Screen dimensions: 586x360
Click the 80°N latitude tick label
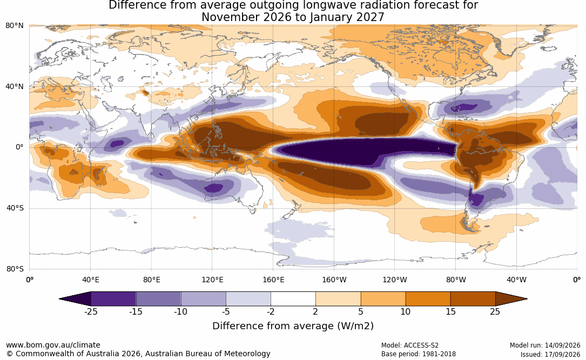coord(14,25)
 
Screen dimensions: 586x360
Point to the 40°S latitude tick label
coord(15,208)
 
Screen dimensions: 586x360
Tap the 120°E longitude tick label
coord(212,280)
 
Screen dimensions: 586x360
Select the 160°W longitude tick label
coord(334,280)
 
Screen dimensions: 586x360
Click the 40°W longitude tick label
coord(517,280)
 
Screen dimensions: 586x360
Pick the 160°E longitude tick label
coord(273,280)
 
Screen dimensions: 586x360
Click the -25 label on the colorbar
coord(91,311)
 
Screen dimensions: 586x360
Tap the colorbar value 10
coord(406,311)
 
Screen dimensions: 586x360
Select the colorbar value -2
coord(271,311)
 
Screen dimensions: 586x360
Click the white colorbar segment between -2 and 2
coord(293,299)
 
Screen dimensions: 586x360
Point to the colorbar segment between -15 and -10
coord(158,299)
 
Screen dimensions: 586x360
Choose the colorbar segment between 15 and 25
coord(473,299)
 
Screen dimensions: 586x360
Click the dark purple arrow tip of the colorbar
coord(60,299)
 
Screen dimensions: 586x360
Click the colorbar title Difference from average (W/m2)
coord(293,326)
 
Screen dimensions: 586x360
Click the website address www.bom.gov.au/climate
coord(53,345)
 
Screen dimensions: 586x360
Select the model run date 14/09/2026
coord(562,345)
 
